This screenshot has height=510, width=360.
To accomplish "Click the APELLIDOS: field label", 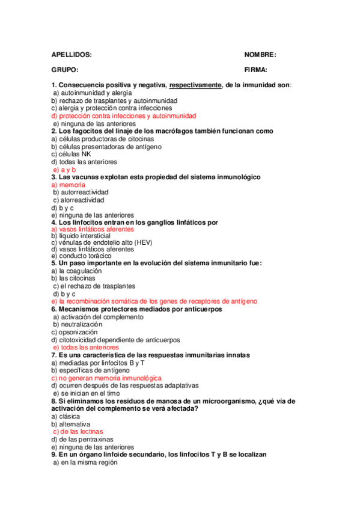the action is coord(72,55).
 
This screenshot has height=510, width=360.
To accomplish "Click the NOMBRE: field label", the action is coord(260,55).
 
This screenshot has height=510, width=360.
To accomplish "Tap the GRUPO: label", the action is coord(65,70).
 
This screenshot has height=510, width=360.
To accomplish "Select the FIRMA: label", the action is coord(256,70).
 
